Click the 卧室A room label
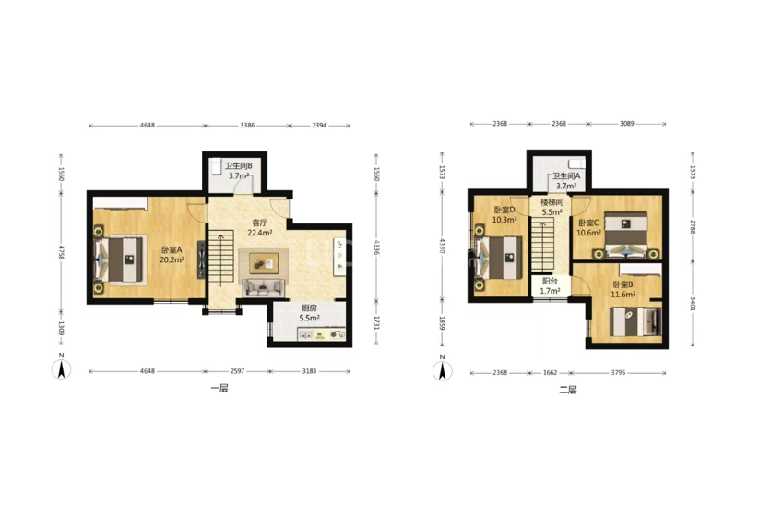coord(172,249)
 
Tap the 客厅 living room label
coord(260,223)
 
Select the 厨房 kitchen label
coord(309,308)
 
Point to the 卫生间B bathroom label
coord(239,166)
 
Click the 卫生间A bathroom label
coord(566,175)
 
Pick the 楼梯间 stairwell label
coord(552,202)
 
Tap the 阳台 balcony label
coord(550,282)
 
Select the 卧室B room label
coord(623,284)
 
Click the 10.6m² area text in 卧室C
coord(588,233)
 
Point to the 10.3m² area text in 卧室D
coord(504,220)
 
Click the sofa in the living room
coord(264,288)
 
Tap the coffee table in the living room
coord(264,263)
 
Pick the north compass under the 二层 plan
coord(442,370)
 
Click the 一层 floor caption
coord(219,389)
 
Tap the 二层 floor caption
coord(568,390)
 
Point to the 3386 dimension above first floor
coord(247,125)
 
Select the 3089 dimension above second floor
coord(626,124)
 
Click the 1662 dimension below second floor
coord(550,373)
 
